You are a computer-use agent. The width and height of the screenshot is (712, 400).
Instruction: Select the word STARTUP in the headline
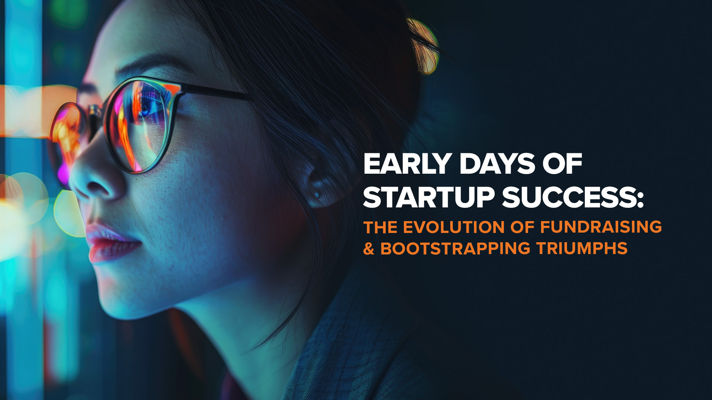tap(429, 197)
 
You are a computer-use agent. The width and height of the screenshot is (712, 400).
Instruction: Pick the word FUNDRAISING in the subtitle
tap(601, 227)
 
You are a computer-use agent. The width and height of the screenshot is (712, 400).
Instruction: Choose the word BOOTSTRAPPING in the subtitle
tap(455, 249)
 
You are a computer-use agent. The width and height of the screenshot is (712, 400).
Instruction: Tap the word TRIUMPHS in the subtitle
tap(582, 249)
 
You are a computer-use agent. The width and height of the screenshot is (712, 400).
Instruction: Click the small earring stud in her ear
tap(317, 195)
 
